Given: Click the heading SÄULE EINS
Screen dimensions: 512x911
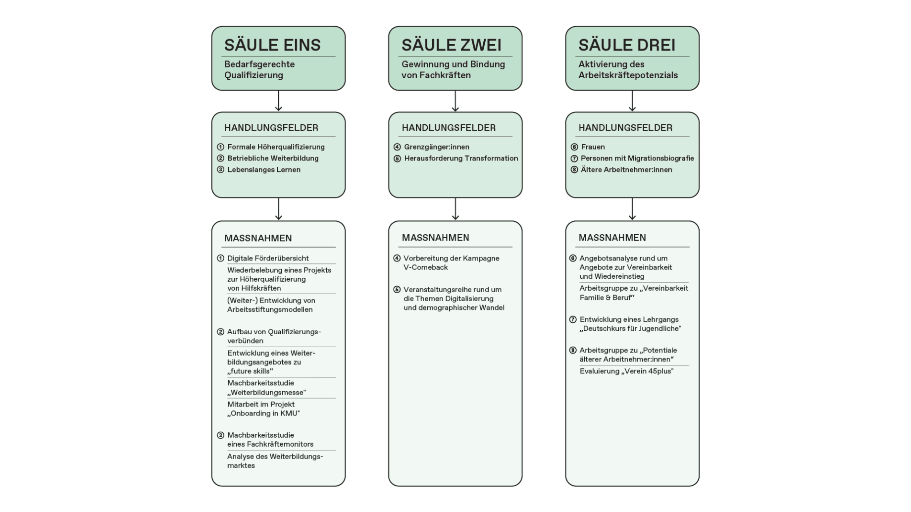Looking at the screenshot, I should pos(272,45).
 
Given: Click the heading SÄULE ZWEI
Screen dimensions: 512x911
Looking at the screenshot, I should pos(451,45).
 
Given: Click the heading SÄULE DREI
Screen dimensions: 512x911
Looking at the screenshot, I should pos(626,45).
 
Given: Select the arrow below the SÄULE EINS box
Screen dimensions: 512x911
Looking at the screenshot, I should pos(278,101).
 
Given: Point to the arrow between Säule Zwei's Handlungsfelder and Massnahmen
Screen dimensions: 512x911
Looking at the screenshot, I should pos(455,209).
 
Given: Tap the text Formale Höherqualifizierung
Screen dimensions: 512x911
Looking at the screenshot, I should pos(276,147).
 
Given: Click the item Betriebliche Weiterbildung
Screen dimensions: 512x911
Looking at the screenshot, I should pos(273,158).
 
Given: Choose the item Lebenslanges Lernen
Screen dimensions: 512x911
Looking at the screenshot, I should pos(264,170).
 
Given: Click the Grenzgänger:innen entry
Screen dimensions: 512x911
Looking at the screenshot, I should pos(437,147).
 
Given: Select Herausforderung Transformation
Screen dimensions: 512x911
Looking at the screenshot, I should pos(461,158).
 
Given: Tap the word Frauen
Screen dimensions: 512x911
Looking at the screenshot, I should pos(593,147).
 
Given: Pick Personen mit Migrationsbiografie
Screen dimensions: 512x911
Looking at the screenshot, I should pos(637,158).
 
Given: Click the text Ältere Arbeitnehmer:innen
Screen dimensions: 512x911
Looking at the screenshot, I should pos(626,170).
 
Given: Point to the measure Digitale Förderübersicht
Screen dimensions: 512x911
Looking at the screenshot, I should pos(268,258).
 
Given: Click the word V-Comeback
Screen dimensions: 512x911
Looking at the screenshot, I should pos(425,267).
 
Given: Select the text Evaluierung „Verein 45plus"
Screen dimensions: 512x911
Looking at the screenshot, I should pos(626,371).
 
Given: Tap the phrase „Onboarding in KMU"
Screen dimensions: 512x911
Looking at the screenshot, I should pos(263,413).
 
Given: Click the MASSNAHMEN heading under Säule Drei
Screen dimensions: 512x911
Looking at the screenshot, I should pos(612,238).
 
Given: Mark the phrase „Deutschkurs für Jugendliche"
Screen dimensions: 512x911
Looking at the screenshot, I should pos(630,329).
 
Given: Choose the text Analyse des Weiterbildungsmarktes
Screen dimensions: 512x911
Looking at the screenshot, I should pos(275,461).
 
